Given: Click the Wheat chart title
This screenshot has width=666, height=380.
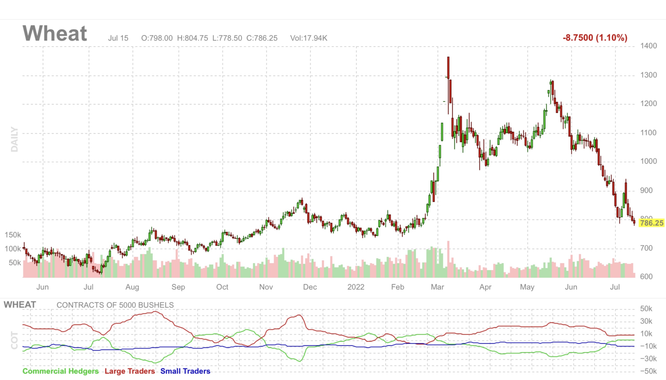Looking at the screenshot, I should click(x=55, y=34).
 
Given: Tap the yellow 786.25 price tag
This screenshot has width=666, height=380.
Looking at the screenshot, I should click(x=652, y=223).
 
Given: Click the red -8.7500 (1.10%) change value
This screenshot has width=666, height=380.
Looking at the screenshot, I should click(x=595, y=38).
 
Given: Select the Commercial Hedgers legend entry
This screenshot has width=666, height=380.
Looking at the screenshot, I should click(x=61, y=371).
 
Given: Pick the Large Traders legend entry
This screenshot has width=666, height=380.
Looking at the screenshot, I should click(x=130, y=371).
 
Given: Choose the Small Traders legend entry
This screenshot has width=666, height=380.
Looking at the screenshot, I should click(x=185, y=371).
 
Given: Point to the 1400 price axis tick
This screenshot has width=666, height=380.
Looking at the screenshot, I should click(x=649, y=46).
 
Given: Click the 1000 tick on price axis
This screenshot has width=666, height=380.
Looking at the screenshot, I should click(x=649, y=161).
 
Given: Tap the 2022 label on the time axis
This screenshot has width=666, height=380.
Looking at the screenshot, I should click(x=356, y=287).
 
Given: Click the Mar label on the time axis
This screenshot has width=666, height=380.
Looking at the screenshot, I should click(x=437, y=287).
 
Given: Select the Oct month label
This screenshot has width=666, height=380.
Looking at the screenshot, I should click(x=222, y=287).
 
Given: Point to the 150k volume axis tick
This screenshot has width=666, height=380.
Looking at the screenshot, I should click(x=13, y=235).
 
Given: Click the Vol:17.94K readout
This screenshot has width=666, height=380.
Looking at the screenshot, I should click(x=308, y=38).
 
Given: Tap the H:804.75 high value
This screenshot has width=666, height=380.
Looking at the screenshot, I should click(x=193, y=38).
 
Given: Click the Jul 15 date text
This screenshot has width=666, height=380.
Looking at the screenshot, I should click(x=118, y=38).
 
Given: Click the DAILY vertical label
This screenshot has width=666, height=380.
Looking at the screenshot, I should click(x=14, y=139).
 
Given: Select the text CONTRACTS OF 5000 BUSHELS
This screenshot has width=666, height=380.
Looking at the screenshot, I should click(x=115, y=305).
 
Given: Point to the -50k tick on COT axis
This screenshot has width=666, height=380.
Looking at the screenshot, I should click(x=648, y=371).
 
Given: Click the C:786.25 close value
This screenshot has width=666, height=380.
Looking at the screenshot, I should click(x=262, y=38).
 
